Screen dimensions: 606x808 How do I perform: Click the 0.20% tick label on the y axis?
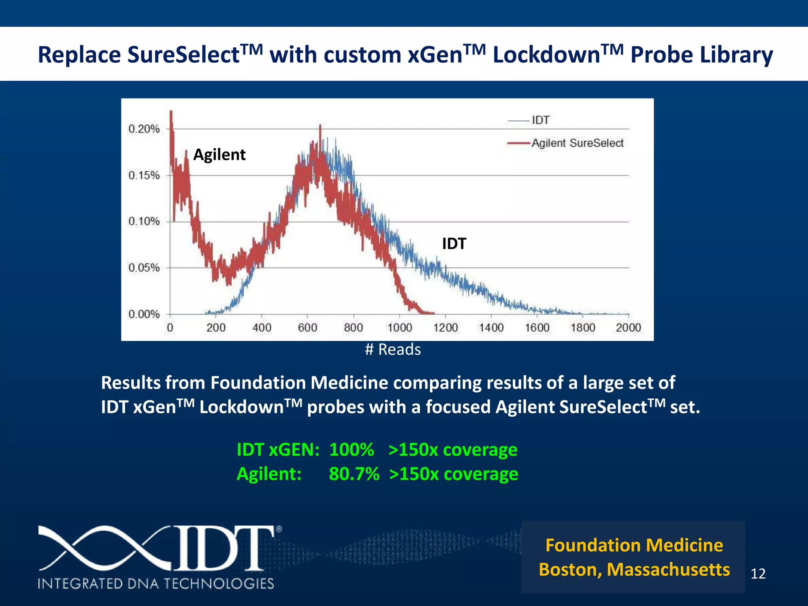[x=144, y=129]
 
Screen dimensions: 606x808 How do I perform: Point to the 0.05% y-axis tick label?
[x=144, y=268]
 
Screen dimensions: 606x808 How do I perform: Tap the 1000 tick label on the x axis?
[x=399, y=327]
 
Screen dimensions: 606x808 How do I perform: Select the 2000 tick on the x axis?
[x=628, y=327]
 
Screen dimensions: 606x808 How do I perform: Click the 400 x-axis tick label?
[x=262, y=327]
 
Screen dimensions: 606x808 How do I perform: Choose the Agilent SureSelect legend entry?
[x=577, y=143]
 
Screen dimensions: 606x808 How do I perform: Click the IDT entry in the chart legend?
[x=540, y=120]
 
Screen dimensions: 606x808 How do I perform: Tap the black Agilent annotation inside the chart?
[x=219, y=155]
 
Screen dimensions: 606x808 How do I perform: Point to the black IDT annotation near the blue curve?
[x=454, y=244]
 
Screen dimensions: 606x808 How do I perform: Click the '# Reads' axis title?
[x=393, y=350]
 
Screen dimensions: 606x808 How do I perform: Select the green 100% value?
[x=352, y=450]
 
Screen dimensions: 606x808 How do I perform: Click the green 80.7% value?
[x=354, y=474]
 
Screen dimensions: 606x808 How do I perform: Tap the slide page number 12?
[x=758, y=574]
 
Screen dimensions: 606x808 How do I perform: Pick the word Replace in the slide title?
[x=79, y=54]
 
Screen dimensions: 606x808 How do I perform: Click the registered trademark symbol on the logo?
[x=279, y=529]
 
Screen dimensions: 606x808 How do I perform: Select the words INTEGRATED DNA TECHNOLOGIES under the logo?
[x=156, y=584]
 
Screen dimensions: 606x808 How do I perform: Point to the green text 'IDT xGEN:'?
[x=278, y=450]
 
